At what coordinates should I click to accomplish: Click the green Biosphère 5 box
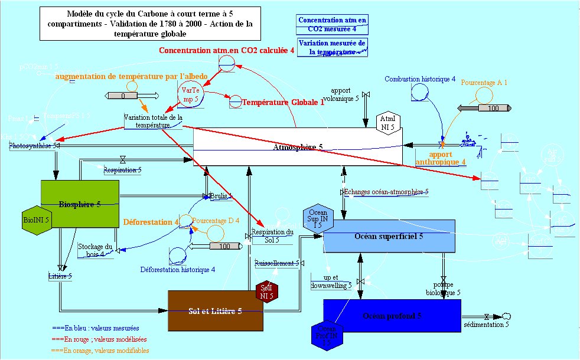pos(80,204)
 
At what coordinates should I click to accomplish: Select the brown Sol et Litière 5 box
pos(215,310)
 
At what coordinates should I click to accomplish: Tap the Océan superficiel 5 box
pos(389,236)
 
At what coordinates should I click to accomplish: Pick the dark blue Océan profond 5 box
pos(392,315)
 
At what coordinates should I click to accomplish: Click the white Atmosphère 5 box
pos(298,146)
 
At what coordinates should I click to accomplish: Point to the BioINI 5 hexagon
pos(36,220)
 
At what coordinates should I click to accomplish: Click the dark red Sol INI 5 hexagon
pos(267,292)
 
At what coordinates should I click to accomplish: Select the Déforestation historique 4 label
pos(177,270)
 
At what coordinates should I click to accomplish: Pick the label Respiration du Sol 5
pos(272,235)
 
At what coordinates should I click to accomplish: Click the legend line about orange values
pos(100,350)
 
